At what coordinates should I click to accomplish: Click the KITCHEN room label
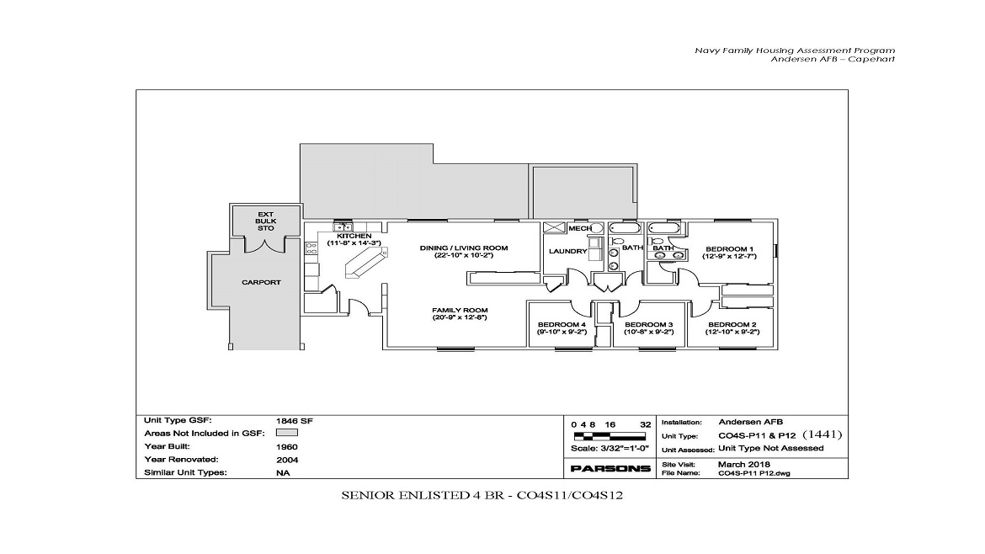354,237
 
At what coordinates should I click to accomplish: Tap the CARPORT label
261,282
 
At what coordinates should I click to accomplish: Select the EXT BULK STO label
266,221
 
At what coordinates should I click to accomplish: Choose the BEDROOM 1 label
729,249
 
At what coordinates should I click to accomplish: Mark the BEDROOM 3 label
648,325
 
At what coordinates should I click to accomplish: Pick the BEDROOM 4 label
562,325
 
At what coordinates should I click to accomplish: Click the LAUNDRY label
567,251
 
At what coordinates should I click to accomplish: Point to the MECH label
578,228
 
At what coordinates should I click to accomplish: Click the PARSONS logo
610,468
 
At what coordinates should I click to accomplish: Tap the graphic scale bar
610,436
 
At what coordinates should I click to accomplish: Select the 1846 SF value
289,419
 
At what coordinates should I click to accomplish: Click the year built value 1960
286,446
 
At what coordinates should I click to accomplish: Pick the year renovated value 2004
286,460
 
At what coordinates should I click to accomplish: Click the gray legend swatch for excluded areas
288,433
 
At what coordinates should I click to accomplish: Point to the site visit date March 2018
743,464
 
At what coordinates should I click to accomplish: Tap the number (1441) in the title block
822,435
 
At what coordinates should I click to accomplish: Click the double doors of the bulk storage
266,244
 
